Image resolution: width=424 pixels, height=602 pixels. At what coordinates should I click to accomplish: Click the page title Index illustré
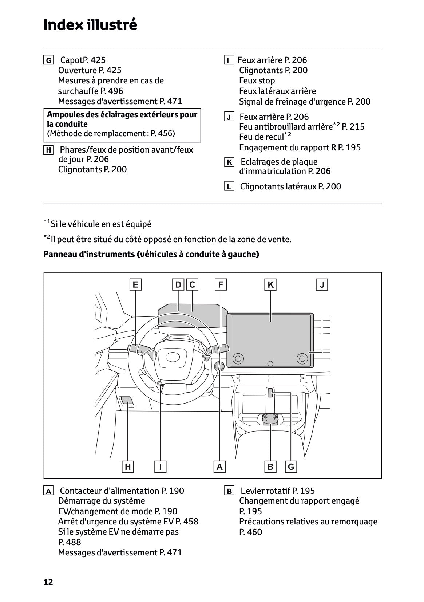pos(90,25)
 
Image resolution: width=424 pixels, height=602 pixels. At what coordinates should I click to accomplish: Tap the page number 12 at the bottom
pos(48,582)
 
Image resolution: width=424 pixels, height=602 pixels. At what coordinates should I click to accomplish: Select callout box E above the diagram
pos(135,285)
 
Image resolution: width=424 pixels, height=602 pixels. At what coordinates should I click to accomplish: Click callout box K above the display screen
pos(270,285)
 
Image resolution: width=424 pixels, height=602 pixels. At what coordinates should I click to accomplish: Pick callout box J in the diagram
pos(322,285)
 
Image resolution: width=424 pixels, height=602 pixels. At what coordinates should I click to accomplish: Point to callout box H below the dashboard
pos(128,467)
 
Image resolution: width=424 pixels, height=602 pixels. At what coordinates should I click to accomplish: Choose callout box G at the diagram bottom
pos(291,467)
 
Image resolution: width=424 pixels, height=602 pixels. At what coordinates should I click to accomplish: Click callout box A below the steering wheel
pos(219,467)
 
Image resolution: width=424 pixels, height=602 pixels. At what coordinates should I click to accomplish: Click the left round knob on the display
pos(238,358)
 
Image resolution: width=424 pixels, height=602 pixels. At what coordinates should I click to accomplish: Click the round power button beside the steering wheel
pos(219,366)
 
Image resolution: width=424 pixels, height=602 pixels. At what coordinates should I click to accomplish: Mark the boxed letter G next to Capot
pos(48,60)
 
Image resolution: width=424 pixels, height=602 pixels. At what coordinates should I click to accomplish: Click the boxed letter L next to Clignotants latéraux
pos(229,187)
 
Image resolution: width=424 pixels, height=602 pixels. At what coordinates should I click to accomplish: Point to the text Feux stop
pos(257,80)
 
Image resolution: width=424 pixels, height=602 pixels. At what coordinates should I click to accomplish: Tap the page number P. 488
pos(70,542)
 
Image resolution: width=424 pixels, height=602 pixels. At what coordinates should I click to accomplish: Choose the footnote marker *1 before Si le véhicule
pos(47,222)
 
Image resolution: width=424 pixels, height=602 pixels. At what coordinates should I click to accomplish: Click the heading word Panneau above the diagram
pos(60,254)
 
